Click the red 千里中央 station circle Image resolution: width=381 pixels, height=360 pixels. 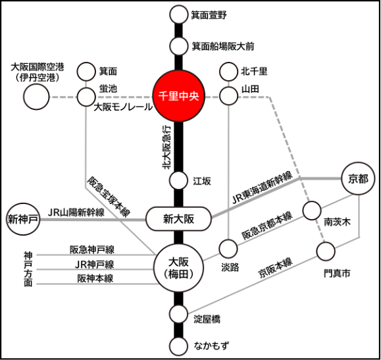coord(178,96)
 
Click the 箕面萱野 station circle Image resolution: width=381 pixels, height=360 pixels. coord(179,14)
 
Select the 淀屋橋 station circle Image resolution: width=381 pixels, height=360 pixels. coord(179,314)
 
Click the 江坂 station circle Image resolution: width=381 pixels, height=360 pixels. coord(179,180)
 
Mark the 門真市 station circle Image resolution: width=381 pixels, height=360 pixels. coord(326,251)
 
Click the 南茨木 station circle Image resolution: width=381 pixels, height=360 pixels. coord(311,211)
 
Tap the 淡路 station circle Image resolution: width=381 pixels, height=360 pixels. coord(228,248)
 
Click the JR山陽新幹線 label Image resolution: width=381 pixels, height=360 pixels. coord(76,213)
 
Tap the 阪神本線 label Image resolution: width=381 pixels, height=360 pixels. coord(95,278)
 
